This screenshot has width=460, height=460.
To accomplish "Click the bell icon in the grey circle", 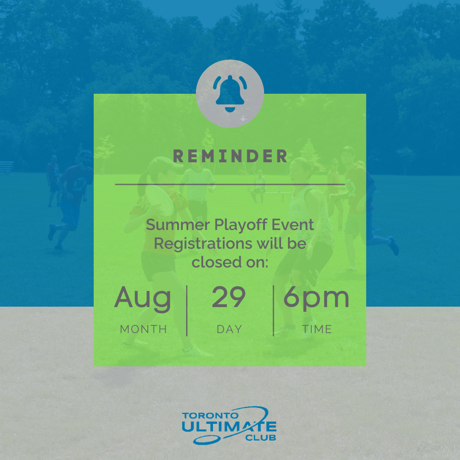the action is click(x=230, y=94).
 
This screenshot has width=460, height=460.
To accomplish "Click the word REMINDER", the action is click(x=230, y=156).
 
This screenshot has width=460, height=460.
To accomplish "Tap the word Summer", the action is click(x=178, y=225).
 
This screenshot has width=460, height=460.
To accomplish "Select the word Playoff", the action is click(x=241, y=225).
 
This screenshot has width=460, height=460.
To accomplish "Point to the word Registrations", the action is click(x=203, y=244).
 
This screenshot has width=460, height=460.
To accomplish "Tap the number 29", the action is click(x=229, y=297).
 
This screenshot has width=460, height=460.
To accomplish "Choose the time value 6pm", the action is click(x=316, y=299).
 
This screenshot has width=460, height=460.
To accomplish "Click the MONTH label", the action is click(x=144, y=329).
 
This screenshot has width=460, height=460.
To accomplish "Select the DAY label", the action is click(x=230, y=329).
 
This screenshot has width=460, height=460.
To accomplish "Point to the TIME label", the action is click(x=317, y=329).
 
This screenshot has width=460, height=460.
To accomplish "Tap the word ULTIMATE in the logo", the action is click(x=229, y=426).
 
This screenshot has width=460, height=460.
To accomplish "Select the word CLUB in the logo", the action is click(x=261, y=438).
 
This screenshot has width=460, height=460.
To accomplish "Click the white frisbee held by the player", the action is click(x=160, y=200).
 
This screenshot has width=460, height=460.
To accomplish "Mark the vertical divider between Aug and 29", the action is click(x=187, y=310).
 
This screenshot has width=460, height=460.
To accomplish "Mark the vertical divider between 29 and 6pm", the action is click(x=273, y=310).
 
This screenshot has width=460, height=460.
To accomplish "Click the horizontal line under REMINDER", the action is click(x=230, y=184).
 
